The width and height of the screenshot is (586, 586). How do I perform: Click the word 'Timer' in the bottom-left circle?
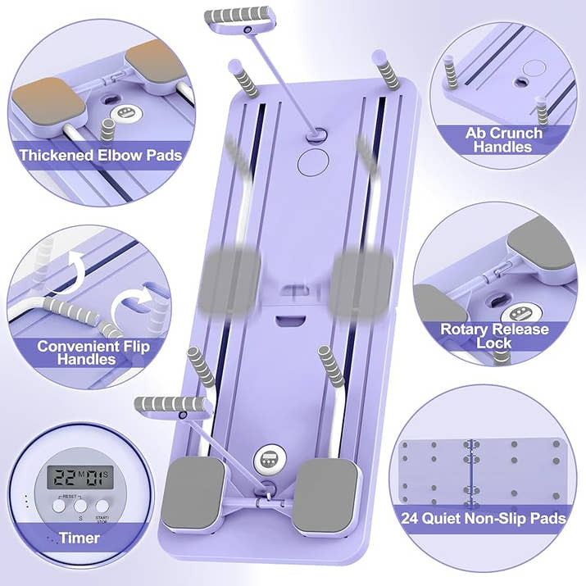[79, 538]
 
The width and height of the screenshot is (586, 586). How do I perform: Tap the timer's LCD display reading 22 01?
[80, 477]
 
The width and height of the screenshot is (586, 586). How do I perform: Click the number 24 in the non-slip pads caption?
[410, 518]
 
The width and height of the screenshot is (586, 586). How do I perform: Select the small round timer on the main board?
[269, 459]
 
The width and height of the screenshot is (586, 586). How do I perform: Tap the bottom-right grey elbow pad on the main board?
[325, 494]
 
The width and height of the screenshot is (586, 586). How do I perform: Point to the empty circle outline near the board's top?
[313, 161]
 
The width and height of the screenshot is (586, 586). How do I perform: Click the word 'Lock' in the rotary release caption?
[493, 343]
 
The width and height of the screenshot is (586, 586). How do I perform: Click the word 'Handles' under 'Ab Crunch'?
[502, 147]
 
